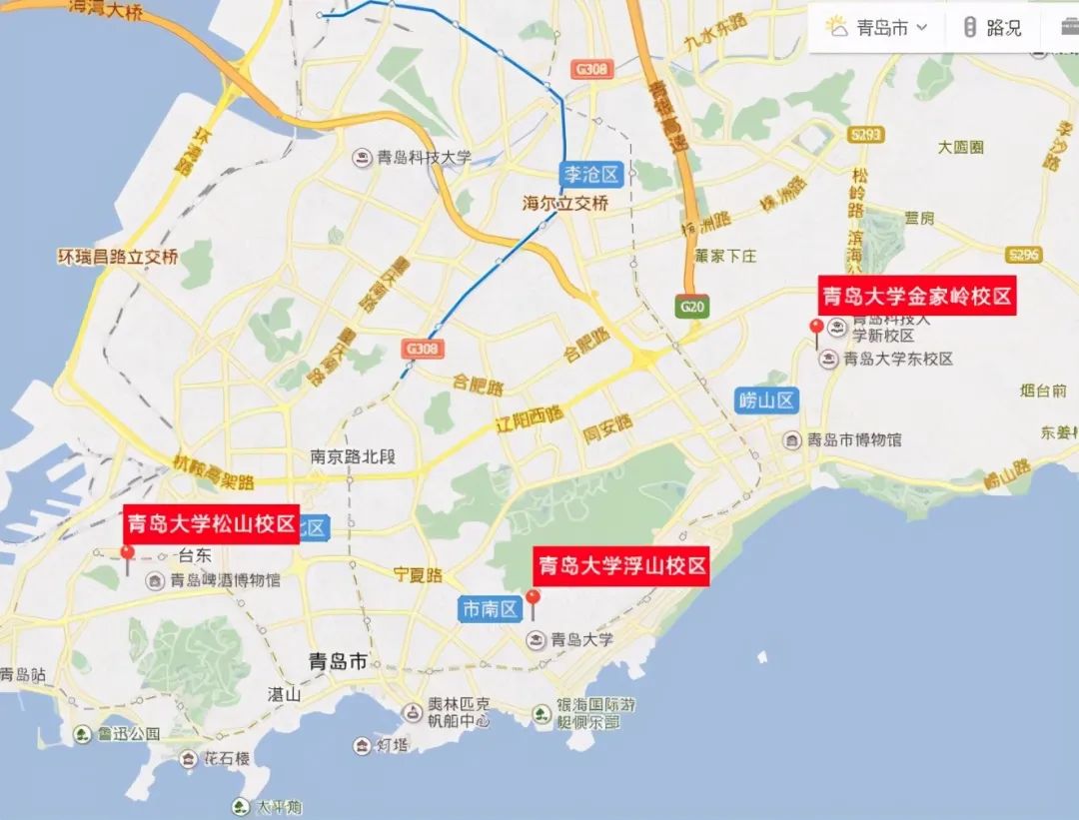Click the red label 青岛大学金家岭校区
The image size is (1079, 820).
tap(917, 296)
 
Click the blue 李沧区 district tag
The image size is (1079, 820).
tap(591, 175)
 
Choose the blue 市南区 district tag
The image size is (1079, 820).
tap(490, 608)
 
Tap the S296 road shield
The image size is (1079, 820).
tap(1024, 255)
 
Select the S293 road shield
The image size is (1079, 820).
tap(865, 133)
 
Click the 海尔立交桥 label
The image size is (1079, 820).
tap(565, 203)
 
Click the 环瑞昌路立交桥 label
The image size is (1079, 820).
tap(118, 257)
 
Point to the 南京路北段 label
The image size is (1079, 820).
tap(353, 457)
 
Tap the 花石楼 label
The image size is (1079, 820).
tap(228, 759)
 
